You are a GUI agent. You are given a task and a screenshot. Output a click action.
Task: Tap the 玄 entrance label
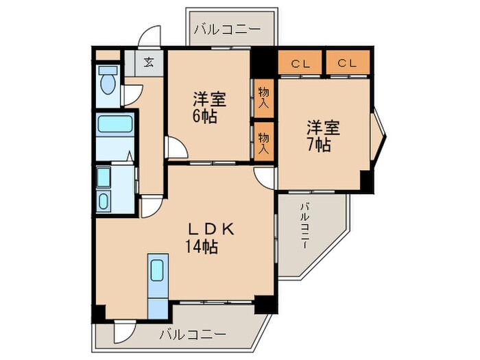(149, 62)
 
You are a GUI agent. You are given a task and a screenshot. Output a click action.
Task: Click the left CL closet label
(300, 64)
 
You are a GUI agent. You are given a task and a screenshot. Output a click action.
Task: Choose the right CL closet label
(348, 64)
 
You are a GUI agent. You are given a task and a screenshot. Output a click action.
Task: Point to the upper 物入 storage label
(263, 96)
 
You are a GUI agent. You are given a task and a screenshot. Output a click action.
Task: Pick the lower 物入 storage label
(263, 141)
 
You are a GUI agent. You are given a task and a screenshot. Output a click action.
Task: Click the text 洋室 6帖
(208, 107)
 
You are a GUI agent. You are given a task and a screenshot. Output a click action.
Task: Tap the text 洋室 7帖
(322, 135)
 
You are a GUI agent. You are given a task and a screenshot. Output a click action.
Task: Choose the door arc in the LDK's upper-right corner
(264, 176)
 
